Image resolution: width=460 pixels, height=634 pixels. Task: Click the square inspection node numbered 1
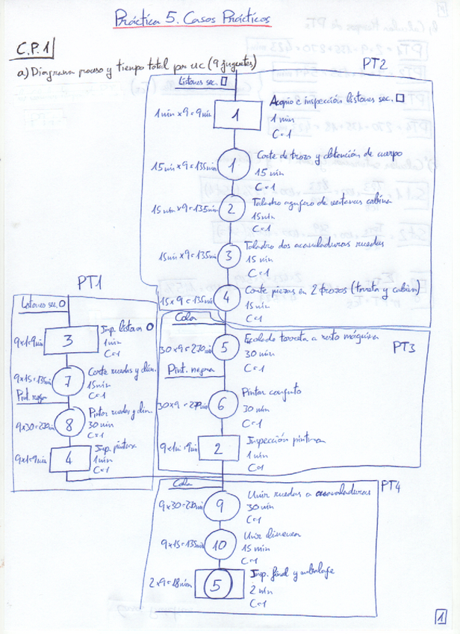coord(234,115)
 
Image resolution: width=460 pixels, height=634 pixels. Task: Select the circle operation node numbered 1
coord(233,165)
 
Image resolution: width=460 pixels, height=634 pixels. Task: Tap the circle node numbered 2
coord(232,207)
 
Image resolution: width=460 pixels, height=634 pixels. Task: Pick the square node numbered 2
coord(217,448)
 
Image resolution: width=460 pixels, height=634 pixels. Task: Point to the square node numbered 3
coord(68,341)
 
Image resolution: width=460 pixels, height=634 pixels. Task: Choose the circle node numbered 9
coord(220,505)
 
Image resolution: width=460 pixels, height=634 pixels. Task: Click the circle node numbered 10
coord(219,545)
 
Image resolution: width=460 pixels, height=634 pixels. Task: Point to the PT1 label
coord(90,282)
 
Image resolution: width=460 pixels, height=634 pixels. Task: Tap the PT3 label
coord(404,348)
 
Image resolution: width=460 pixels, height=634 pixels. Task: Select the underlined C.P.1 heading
coord(34,49)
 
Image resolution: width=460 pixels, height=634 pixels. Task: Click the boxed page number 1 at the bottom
coord(442,617)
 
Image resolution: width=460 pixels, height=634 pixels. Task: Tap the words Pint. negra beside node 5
coord(187,369)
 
